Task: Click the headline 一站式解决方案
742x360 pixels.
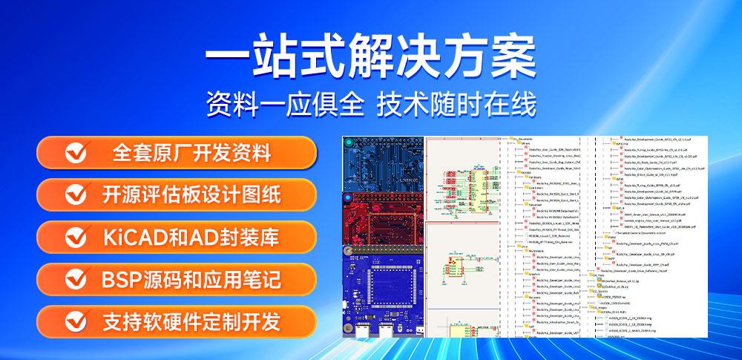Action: pyautogui.click(x=370, y=56)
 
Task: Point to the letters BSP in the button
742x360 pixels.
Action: pyautogui.click(x=119, y=280)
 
